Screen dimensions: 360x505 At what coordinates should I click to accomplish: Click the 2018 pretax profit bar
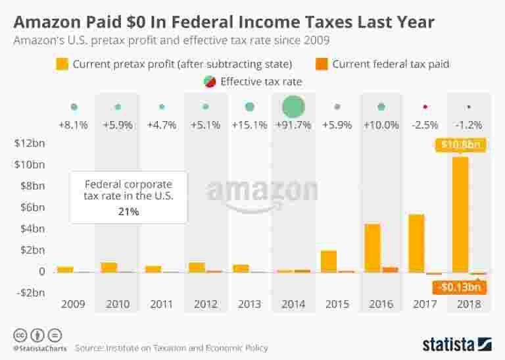[460, 215]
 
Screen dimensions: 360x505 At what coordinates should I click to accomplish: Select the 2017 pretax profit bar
[416, 243]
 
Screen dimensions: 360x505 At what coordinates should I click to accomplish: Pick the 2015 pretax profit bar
[328, 261]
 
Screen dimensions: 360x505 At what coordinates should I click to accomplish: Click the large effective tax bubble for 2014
[293, 107]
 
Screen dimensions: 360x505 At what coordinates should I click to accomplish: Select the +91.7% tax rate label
[293, 125]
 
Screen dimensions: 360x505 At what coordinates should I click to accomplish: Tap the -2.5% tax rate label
[425, 125]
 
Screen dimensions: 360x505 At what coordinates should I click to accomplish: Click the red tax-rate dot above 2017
[425, 107]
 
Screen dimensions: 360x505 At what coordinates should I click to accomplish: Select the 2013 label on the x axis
[249, 305]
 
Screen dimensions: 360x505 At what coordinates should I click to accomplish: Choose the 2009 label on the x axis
[74, 305]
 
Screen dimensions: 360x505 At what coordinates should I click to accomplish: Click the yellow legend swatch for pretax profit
[62, 64]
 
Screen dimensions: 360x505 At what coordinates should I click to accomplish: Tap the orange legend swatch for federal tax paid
[322, 64]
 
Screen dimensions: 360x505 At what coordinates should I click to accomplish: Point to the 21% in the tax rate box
[129, 212]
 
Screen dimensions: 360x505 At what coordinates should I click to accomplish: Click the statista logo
[457, 344]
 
